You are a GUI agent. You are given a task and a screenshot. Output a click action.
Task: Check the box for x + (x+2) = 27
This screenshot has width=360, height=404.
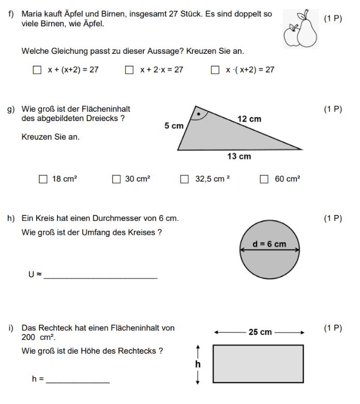pyautogui.click(x=37, y=70)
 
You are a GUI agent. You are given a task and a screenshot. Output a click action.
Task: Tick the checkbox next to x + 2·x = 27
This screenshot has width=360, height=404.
pyautogui.click(x=129, y=70)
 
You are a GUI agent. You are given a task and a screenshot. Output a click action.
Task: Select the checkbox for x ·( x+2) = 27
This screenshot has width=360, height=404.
pyautogui.click(x=215, y=70)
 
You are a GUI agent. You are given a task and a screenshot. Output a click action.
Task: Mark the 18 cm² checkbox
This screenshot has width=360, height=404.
pyautogui.click(x=43, y=179)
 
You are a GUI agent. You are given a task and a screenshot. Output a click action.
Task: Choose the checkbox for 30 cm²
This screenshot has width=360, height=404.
pyautogui.click(x=116, y=179)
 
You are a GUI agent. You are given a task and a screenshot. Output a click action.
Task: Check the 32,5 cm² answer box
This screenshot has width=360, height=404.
pyautogui.click(x=184, y=179)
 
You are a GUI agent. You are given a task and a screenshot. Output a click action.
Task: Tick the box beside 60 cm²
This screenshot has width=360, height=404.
pyautogui.click(x=264, y=179)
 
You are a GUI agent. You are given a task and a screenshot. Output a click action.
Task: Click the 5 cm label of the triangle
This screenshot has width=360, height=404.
pyautogui.click(x=174, y=126)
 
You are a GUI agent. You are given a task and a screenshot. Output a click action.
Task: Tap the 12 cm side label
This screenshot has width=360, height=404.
pyautogui.click(x=249, y=119)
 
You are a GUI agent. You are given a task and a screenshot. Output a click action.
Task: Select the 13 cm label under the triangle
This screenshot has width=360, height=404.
pyautogui.click(x=239, y=156)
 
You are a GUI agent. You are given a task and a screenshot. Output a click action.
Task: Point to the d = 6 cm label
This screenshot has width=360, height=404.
pyautogui.click(x=269, y=244)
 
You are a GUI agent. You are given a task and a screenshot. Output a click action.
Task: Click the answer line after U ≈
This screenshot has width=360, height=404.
pyautogui.click(x=100, y=278)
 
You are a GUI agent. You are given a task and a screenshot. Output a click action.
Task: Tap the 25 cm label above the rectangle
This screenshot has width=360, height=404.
pyautogui.click(x=260, y=332)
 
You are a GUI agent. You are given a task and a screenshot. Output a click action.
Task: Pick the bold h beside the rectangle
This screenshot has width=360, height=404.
pyautogui.click(x=198, y=364)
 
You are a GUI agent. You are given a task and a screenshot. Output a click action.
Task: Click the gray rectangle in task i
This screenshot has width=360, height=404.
pyautogui.click(x=258, y=364)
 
